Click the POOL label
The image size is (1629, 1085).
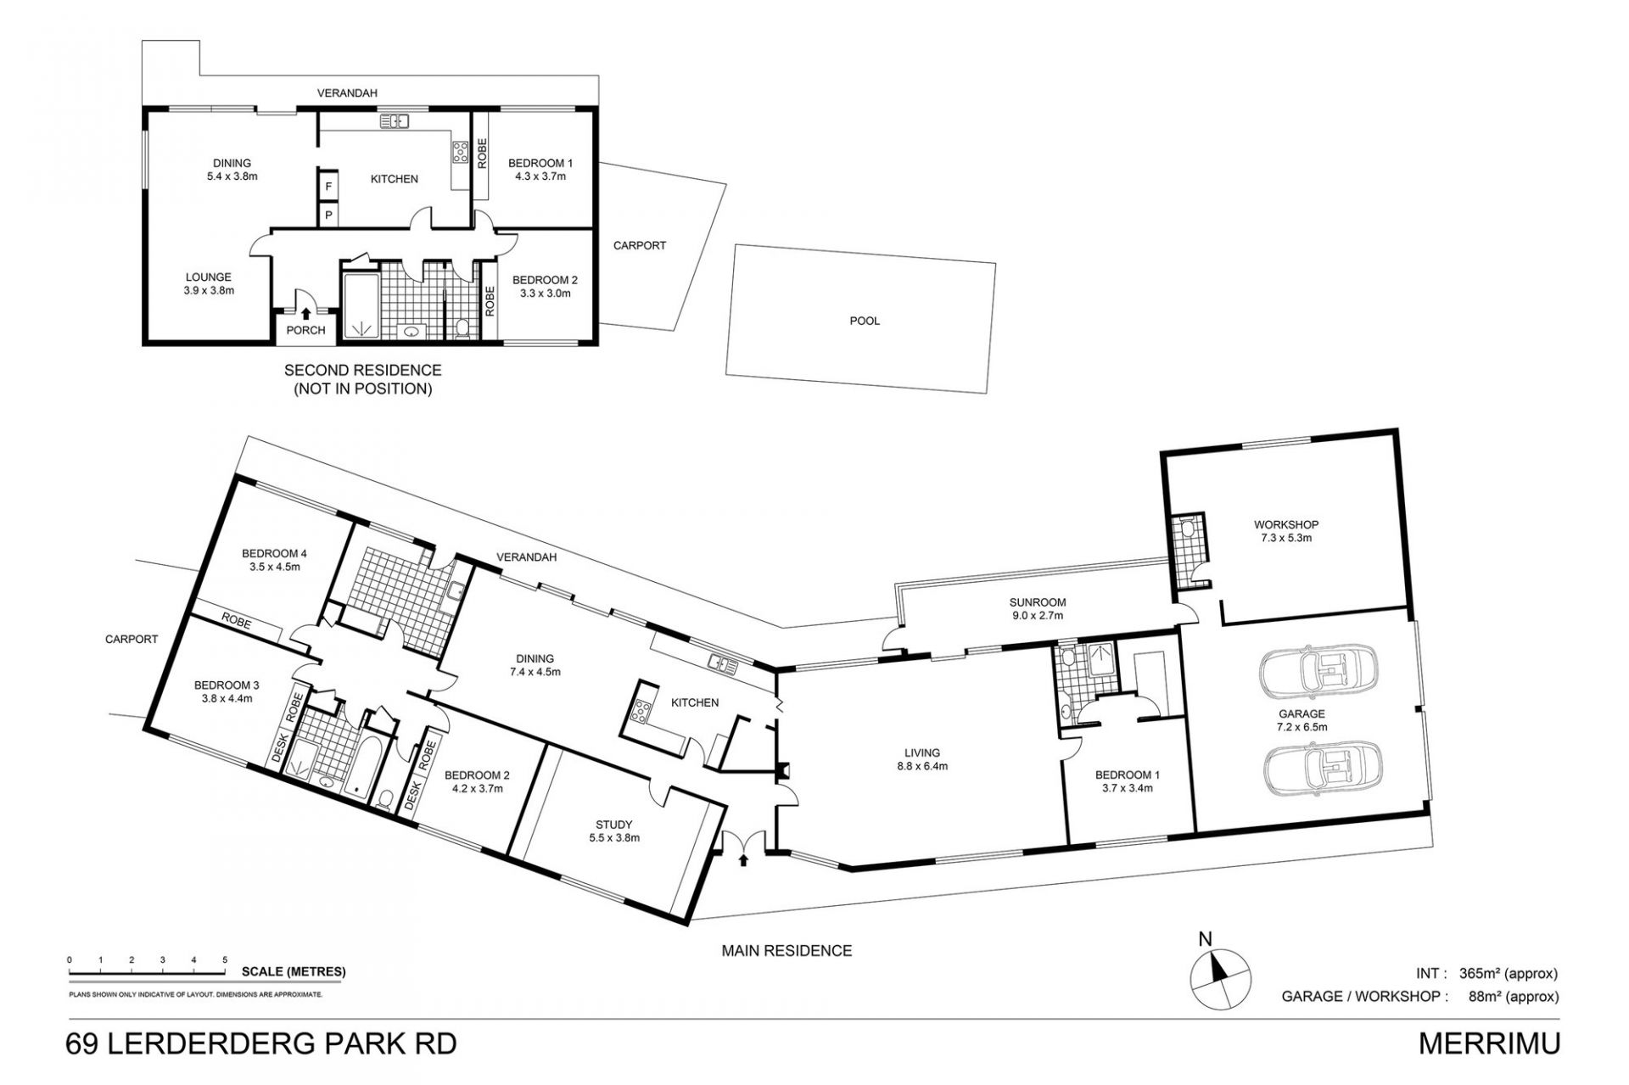[x=865, y=322]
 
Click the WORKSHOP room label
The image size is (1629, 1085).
[x=1274, y=525]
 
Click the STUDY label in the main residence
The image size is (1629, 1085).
[x=613, y=825]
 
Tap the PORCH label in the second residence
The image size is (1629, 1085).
[x=305, y=331]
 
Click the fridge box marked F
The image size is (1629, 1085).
[x=328, y=186]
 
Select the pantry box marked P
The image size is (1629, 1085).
[x=328, y=215]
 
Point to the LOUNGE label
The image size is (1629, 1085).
[x=209, y=277]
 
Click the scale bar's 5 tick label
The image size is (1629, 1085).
[x=225, y=959]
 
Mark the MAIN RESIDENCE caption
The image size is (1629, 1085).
[x=787, y=951]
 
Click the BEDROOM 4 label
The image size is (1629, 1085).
[x=274, y=554]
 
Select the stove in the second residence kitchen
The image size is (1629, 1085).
[x=461, y=153]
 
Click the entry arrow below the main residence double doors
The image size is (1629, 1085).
[x=744, y=860]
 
